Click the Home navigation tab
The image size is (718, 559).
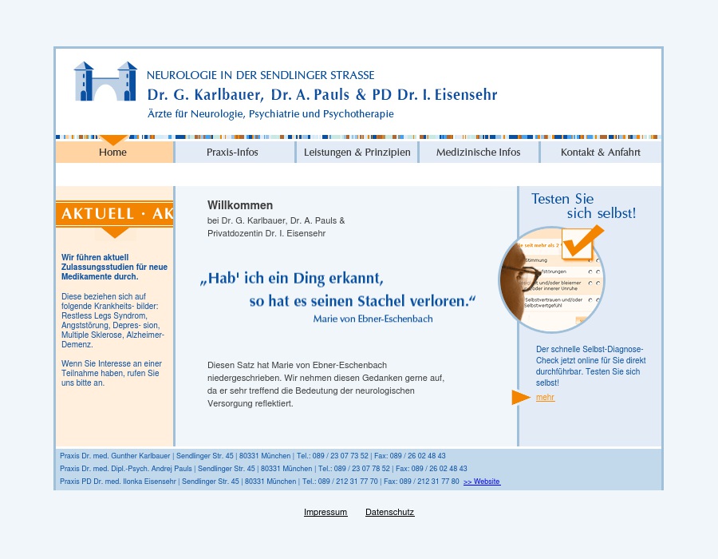click(x=112, y=153)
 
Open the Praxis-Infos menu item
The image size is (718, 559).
click(x=232, y=153)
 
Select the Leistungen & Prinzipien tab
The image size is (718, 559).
click(x=357, y=153)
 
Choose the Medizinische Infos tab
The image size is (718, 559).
click(x=478, y=153)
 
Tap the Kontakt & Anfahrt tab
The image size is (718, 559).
click(x=600, y=153)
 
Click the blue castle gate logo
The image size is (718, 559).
click(x=105, y=81)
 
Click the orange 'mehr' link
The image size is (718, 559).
click(x=545, y=398)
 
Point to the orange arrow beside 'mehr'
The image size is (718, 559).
click(x=520, y=397)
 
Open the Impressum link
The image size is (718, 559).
click(x=325, y=512)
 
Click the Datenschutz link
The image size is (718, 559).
click(x=389, y=512)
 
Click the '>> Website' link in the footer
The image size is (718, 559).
click(x=482, y=482)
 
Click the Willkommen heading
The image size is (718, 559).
click(x=240, y=205)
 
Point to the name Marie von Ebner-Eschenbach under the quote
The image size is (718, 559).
click(x=373, y=319)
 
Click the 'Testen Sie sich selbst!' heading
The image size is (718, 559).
click(x=584, y=206)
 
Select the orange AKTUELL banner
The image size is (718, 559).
click(x=115, y=214)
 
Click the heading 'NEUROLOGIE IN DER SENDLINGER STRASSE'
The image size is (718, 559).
click(x=260, y=75)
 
